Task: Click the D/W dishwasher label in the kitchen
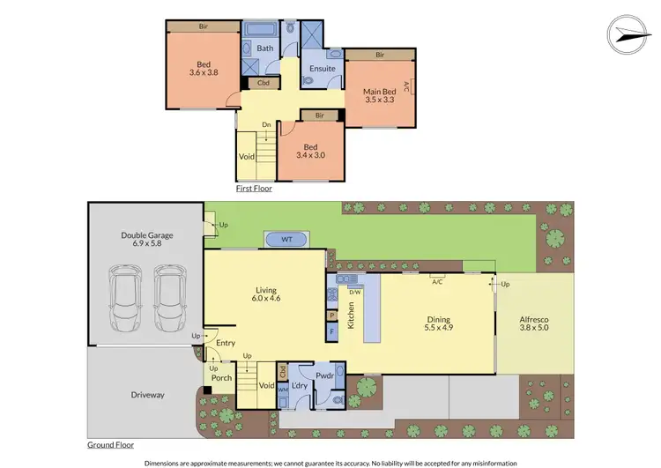tap(355, 292)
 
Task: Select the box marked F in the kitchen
tap(332, 332)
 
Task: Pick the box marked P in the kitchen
tap(332, 315)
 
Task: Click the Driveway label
tap(148, 395)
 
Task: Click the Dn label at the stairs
tap(266, 124)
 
